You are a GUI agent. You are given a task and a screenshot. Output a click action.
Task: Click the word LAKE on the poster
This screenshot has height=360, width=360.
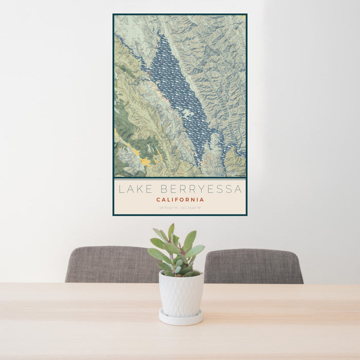tap(132, 189)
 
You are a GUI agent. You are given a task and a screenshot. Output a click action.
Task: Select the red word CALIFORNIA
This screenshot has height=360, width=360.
tap(180, 200)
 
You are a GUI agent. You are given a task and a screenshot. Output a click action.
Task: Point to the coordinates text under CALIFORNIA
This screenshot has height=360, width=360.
tap(180, 208)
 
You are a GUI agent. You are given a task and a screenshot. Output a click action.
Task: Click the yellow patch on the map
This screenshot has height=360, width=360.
tap(145, 161)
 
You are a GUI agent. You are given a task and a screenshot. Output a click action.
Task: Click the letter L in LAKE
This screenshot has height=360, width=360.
tap(121, 189)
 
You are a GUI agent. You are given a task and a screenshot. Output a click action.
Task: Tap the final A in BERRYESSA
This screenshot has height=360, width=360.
tap(238, 189)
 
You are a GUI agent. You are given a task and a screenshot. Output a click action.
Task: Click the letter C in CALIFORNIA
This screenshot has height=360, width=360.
tap(158, 200)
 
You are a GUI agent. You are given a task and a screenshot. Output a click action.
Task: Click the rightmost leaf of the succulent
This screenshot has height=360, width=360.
tap(196, 250)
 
